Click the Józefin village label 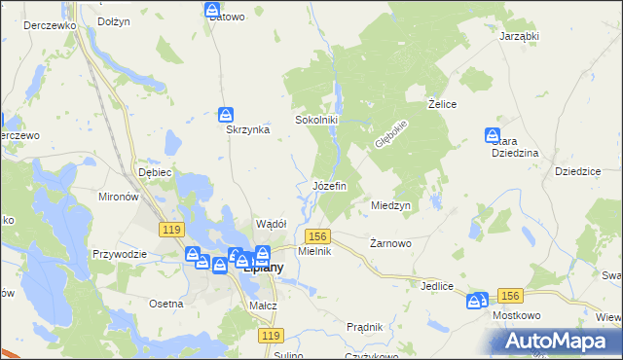coord(329,186)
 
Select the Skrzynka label coord(247,131)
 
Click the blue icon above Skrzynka coord(226,114)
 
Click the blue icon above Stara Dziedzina coord(493,136)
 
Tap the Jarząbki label coord(519,35)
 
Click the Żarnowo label coord(392,243)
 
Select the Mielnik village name coord(315,251)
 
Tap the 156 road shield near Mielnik coord(318,236)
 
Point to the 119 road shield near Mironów coord(172,229)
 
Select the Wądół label coord(270,224)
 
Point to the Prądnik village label coord(364,327)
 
